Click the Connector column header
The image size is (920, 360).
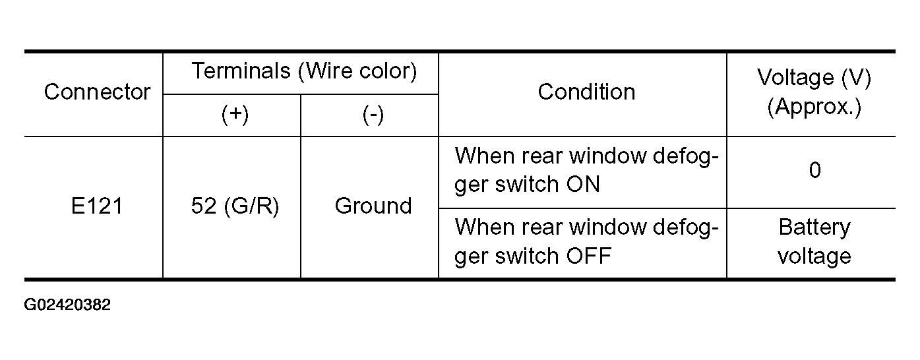point(97,92)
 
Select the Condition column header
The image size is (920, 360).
point(586,92)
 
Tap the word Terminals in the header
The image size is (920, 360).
point(241,71)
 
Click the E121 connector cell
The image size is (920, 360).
point(97,206)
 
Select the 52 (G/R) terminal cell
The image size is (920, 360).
point(235,206)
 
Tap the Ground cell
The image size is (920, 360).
point(373,206)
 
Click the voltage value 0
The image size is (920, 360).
point(815,170)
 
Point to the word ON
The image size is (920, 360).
point(583,185)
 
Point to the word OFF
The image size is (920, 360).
point(588,256)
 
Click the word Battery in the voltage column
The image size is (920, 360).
point(814,228)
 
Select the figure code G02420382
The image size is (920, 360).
point(67,305)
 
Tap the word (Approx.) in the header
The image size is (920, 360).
point(814,107)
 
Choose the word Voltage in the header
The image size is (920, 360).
point(795,78)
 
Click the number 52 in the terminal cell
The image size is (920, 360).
point(204,206)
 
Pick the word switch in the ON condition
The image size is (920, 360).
point(527,184)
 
